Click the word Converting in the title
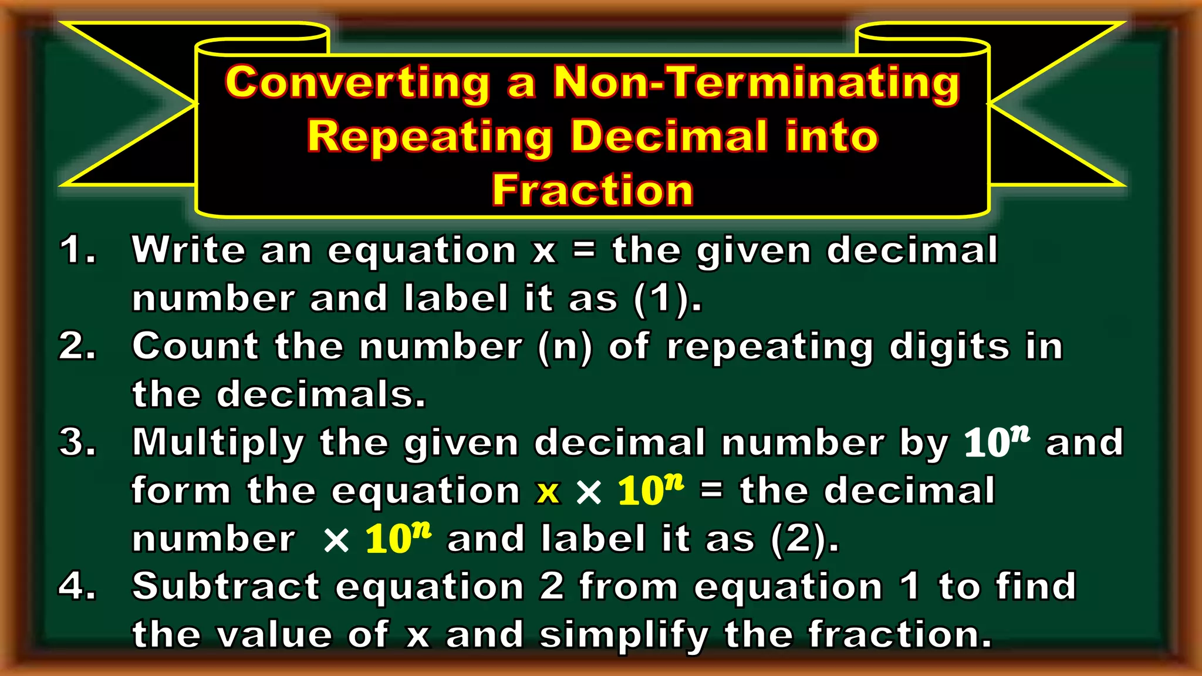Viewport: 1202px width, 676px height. (357, 83)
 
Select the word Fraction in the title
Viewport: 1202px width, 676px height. (592, 191)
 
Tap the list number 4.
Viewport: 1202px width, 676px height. (77, 586)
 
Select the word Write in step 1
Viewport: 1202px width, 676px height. (188, 250)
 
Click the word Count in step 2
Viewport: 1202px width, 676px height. (195, 346)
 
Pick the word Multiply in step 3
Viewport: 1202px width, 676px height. (218, 443)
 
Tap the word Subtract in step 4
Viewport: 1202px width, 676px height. (226, 586)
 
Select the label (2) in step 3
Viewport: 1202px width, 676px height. (797, 539)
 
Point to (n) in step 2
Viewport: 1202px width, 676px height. (565, 347)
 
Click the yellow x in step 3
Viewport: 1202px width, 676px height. (548, 492)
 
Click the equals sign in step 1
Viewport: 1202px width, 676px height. (584, 251)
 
